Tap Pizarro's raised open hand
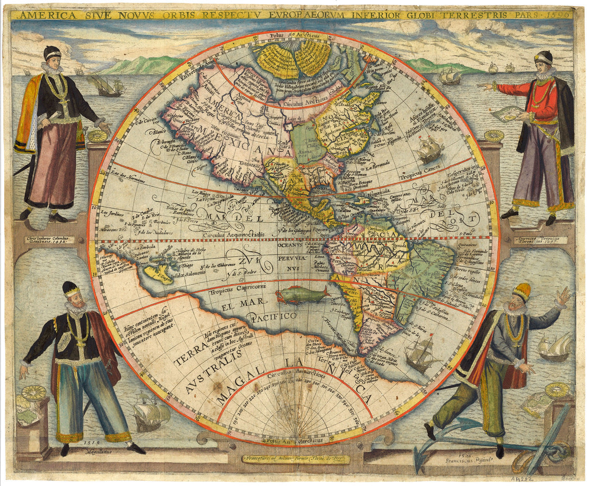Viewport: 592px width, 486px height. (563, 296)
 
